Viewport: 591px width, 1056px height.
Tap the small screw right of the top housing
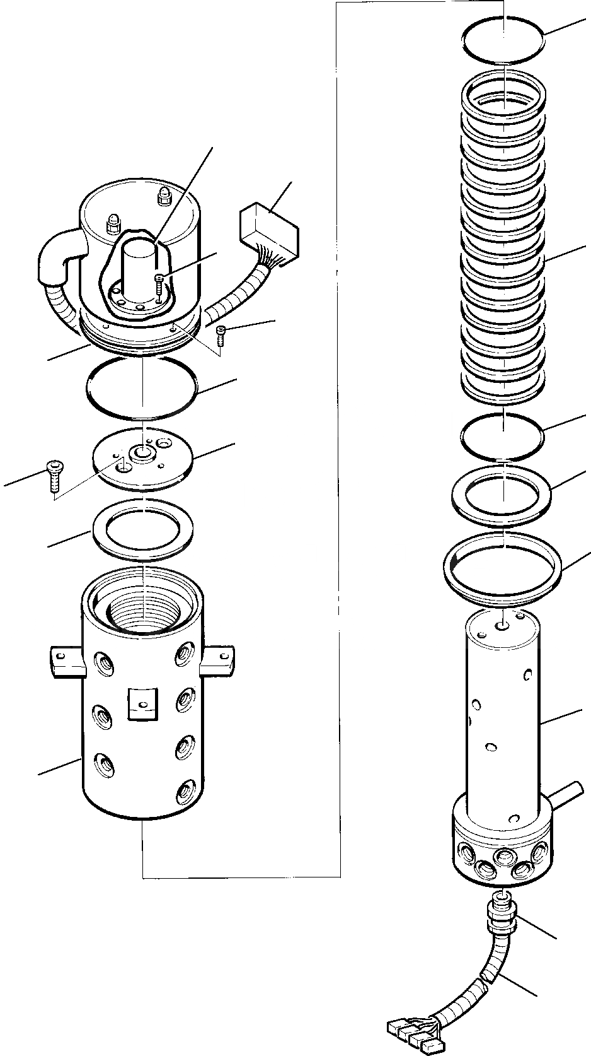click(221, 334)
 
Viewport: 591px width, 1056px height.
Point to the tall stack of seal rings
click(503, 240)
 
